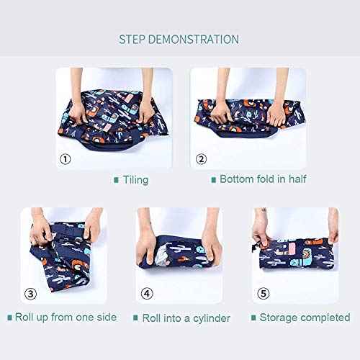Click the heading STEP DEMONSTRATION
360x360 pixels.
click(x=179, y=39)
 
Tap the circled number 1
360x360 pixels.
click(x=66, y=158)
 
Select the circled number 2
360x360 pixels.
click(x=201, y=158)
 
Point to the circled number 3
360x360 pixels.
click(x=31, y=293)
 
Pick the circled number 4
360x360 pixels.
click(x=146, y=293)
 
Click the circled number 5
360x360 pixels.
click(x=264, y=293)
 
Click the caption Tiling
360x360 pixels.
click(x=135, y=179)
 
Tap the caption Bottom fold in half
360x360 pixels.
click(x=262, y=179)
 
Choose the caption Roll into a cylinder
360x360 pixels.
click(x=186, y=317)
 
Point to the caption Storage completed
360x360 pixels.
click(x=305, y=317)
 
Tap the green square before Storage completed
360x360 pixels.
click(x=253, y=318)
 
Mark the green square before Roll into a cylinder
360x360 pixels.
click(x=135, y=318)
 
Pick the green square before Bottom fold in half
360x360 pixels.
click(x=213, y=179)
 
